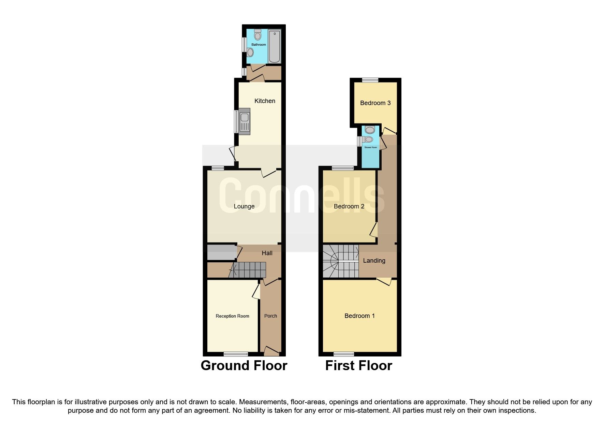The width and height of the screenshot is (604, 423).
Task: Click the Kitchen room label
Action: point(265,101)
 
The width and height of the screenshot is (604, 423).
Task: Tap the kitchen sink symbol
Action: point(245,120)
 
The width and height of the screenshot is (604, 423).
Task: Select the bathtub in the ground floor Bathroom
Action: point(274,47)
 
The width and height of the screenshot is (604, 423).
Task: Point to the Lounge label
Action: point(244,206)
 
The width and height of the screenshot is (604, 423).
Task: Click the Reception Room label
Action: point(232,316)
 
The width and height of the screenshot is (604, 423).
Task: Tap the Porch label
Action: point(270,316)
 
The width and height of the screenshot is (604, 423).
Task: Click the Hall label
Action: point(267,253)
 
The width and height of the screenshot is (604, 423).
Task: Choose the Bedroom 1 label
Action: point(359,316)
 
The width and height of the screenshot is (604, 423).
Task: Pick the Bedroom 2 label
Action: point(349,206)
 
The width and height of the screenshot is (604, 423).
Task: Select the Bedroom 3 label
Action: point(375,103)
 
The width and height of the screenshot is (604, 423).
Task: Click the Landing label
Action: point(374,261)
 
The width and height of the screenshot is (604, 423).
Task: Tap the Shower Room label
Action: point(370,147)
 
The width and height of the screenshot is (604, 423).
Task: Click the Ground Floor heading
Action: point(244,365)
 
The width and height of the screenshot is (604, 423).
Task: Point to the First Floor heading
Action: point(358,365)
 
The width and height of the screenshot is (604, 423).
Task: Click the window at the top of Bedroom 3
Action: point(370,80)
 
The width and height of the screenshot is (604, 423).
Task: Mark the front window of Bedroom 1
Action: point(344,354)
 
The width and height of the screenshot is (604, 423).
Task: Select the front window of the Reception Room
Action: point(236,354)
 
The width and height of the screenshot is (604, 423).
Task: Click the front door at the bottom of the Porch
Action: point(271,351)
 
